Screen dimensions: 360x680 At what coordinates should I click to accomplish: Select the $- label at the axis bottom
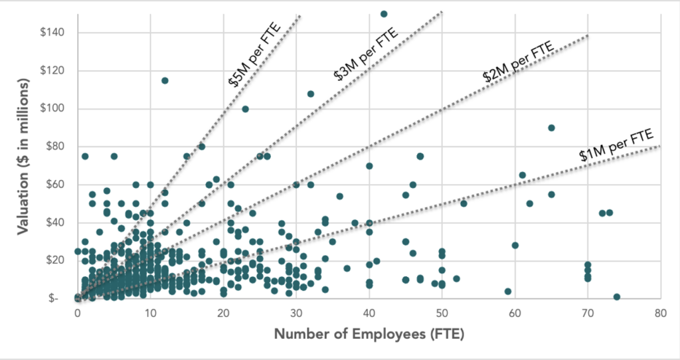pyautogui.click(x=62, y=298)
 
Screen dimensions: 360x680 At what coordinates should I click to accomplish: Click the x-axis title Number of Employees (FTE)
pyautogui.click(x=369, y=333)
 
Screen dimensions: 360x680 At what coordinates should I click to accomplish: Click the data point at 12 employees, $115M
pyautogui.click(x=165, y=80)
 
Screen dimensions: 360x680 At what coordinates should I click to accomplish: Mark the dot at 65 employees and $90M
pyautogui.click(x=551, y=128)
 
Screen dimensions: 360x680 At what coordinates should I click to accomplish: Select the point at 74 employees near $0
pyautogui.click(x=617, y=297)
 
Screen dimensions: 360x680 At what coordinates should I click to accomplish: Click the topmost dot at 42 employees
pyautogui.click(x=383, y=13)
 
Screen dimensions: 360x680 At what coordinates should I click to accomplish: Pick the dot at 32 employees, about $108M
pyautogui.click(x=311, y=94)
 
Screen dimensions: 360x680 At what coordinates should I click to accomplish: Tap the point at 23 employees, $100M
pyautogui.click(x=245, y=109)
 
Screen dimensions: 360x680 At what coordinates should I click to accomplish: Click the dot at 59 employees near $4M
pyautogui.click(x=508, y=291)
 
